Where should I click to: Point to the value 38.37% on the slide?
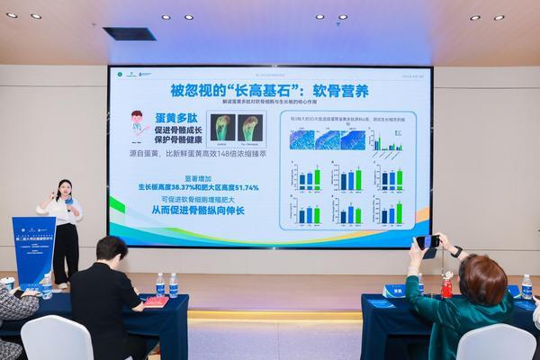coord(191,187)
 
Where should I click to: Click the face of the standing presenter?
coord(65,190)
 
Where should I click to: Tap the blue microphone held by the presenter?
coord(69,202)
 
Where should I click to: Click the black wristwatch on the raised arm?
coord(457,251)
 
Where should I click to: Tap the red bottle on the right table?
coord(446,285)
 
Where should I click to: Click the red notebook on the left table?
coord(157,301)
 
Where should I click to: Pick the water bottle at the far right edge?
coord(526,286)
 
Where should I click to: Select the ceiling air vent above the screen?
coord(130,33)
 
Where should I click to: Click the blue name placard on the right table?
coord(395,291)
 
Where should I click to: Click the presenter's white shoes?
coord(63,285)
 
